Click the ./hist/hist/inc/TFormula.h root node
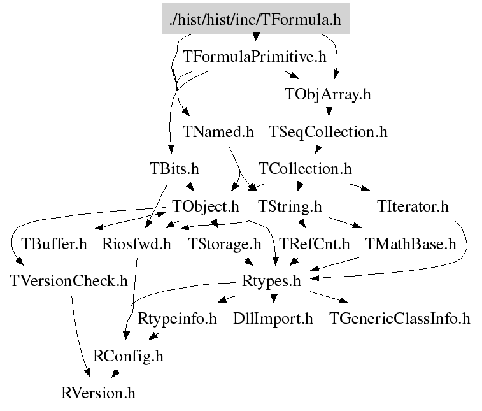[255, 20]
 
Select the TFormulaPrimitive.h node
[255, 57]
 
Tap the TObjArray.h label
[327, 94]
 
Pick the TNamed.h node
[218, 132]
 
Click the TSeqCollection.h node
[328, 132]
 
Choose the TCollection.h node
[305, 169]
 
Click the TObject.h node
[206, 206]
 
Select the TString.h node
[290, 206]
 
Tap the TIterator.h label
[413, 206]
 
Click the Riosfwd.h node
[136, 244]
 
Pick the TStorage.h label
[225, 244]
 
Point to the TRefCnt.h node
[315, 244]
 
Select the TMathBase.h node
[410, 244]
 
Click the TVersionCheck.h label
[68, 280]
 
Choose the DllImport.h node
[273, 318]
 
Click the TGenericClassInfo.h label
[399, 318]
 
